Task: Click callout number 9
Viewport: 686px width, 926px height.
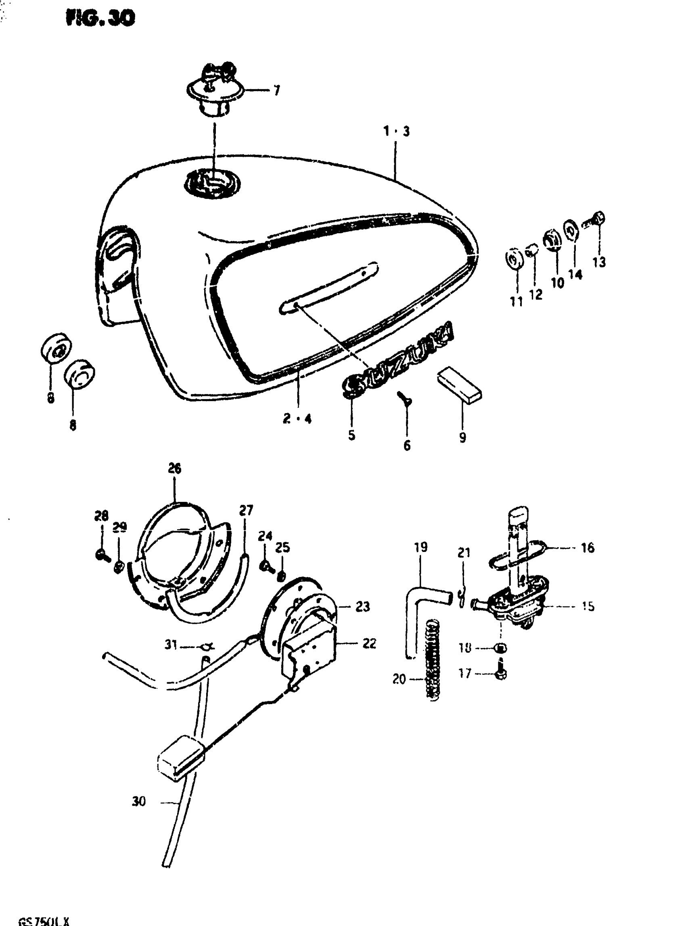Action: (x=462, y=437)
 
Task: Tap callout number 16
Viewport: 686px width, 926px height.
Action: (x=588, y=548)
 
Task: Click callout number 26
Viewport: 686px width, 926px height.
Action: (x=174, y=468)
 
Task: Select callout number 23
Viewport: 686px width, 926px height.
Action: (x=362, y=607)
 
